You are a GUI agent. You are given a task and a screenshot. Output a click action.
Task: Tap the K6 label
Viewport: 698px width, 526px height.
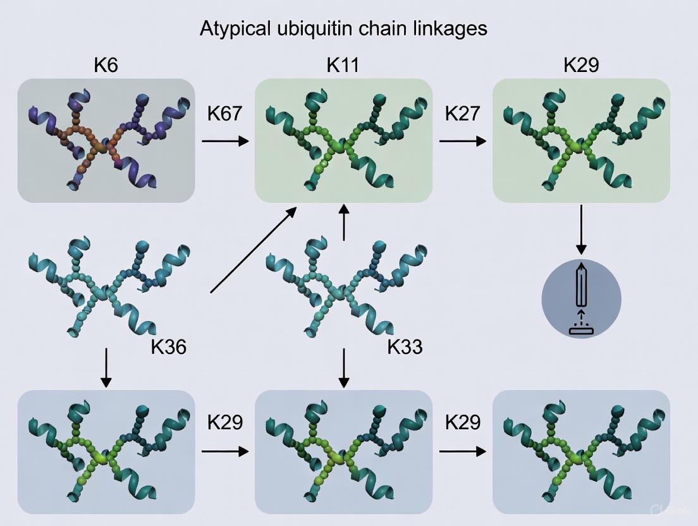pos(106,65)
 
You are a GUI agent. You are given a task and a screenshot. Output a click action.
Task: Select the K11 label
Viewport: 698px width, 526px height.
pos(343,65)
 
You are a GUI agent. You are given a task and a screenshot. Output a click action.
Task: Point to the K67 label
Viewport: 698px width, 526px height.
pos(225,114)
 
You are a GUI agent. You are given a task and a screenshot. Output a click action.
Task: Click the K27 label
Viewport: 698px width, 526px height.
pos(463,114)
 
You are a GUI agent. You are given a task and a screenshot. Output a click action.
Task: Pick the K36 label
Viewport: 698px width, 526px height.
pos(169,346)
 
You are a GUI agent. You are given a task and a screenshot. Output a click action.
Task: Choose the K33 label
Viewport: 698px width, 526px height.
pos(405,346)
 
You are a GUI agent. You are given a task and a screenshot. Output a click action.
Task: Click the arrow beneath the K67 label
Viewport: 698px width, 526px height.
pos(225,140)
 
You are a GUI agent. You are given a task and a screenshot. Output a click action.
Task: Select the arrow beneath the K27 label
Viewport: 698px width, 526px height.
pos(463,140)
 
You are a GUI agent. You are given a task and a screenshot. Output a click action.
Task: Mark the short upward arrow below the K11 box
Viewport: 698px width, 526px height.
pos(343,222)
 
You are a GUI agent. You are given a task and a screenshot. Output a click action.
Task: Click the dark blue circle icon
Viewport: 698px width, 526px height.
pos(582,298)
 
